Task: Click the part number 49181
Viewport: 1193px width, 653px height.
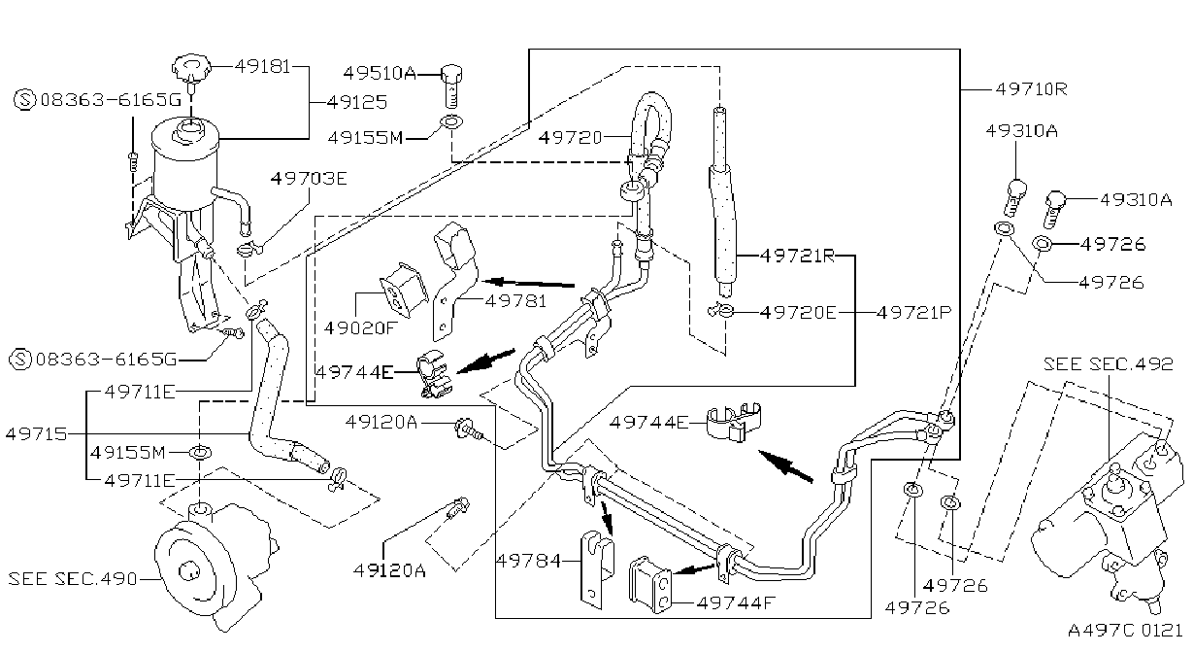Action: [x=262, y=66]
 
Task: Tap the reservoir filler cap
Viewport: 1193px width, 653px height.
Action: [x=191, y=68]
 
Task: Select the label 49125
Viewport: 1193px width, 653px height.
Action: [x=357, y=102]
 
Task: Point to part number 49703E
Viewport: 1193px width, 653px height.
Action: [x=309, y=178]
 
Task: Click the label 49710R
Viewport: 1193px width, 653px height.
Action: [x=1032, y=89]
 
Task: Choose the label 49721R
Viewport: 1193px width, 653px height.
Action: [x=797, y=256]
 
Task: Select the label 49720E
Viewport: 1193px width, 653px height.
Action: [x=798, y=312]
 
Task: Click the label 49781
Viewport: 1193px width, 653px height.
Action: [x=516, y=301]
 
